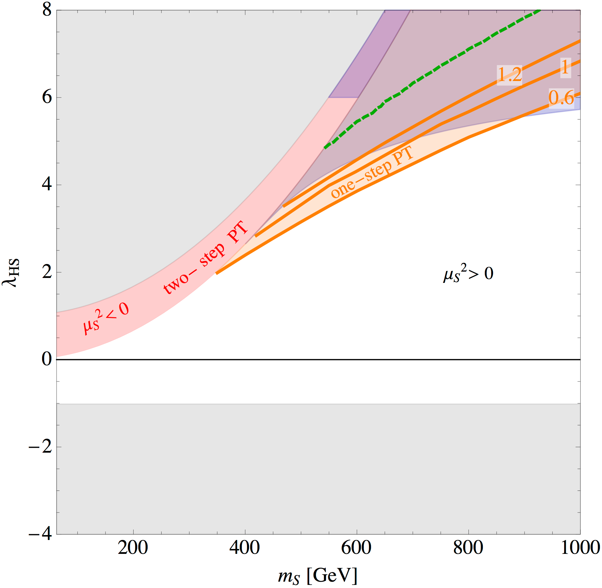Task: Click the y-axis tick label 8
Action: pyautogui.click(x=47, y=10)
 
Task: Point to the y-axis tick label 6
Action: pyautogui.click(x=47, y=97)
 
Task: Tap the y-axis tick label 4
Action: pyautogui.click(x=47, y=185)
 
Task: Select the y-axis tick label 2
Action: pyautogui.click(x=47, y=272)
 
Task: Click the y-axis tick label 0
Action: pyautogui.click(x=47, y=360)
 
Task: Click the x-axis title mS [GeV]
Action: pyautogui.click(x=318, y=576)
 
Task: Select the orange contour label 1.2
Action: pyautogui.click(x=510, y=74)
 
